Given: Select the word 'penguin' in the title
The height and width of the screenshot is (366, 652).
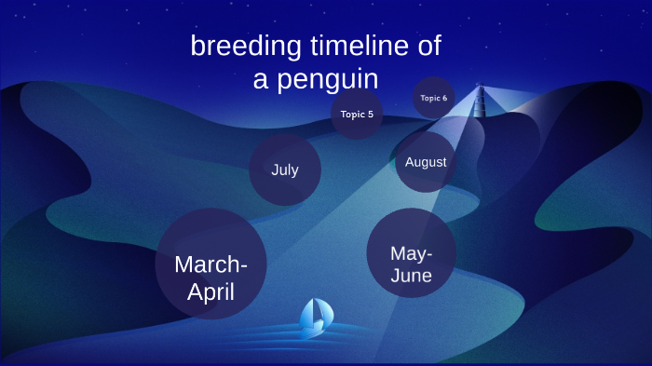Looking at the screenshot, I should pyautogui.click(x=327, y=79).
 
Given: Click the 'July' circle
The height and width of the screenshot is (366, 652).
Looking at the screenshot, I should pyautogui.click(x=285, y=169).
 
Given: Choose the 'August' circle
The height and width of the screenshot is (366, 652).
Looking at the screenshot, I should pyautogui.click(x=426, y=162).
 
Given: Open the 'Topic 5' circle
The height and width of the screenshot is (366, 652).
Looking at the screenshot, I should pyautogui.click(x=357, y=115).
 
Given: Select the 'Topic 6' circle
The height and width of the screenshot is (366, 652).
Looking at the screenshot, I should pyautogui.click(x=433, y=98).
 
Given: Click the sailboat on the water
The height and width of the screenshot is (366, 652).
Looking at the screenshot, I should pyautogui.click(x=314, y=318).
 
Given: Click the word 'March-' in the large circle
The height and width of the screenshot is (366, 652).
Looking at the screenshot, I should pyautogui.click(x=211, y=264).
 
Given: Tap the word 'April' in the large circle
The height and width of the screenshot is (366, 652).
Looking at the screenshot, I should pyautogui.click(x=211, y=292).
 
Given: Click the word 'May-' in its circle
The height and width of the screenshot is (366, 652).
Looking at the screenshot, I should pyautogui.click(x=411, y=253).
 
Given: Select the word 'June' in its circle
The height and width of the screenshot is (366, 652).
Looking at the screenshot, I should pyautogui.click(x=411, y=277).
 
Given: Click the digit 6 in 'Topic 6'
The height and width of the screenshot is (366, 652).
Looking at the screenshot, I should pyautogui.click(x=444, y=98).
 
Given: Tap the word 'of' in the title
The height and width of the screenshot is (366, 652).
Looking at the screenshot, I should pyautogui.click(x=428, y=46).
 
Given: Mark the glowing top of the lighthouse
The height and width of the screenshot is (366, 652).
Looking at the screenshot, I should pyautogui.click(x=481, y=90).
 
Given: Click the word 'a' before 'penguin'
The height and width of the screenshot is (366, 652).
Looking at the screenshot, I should pyautogui.click(x=261, y=79).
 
